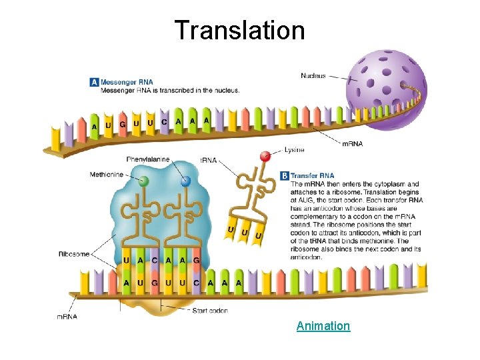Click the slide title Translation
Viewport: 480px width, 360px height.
239,30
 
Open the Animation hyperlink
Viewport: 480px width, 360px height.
323,325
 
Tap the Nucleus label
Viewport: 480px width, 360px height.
313,75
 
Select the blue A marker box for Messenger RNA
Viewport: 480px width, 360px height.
94,83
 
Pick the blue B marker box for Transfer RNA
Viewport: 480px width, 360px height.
285,175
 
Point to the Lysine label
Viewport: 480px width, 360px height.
295,151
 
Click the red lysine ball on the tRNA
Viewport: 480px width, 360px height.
265,155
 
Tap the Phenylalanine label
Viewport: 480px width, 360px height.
148,159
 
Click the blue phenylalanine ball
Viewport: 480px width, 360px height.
185,180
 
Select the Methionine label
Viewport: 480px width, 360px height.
106,174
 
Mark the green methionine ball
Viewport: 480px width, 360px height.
143,180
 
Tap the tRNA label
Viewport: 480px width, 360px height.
208,160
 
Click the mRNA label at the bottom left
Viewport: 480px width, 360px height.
67,316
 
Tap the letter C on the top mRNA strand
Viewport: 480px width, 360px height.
164,121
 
